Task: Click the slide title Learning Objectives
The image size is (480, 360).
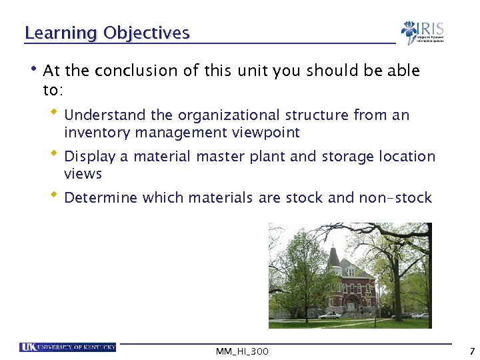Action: pyautogui.click(x=107, y=33)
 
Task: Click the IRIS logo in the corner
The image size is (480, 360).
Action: pyautogui.click(x=422, y=32)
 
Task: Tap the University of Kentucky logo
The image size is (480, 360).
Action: pyautogui.click(x=67, y=347)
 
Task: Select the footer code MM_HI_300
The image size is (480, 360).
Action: pyautogui.click(x=242, y=351)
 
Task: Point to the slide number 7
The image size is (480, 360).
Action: pyautogui.click(x=471, y=351)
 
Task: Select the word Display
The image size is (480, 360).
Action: pyautogui.click(x=89, y=157)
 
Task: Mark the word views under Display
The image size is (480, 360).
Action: pyautogui.click(x=83, y=174)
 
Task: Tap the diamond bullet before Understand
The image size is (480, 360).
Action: pyautogui.click(x=54, y=113)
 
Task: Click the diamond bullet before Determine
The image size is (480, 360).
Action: pyautogui.click(x=54, y=195)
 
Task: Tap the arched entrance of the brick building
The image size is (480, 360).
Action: pyautogui.click(x=351, y=305)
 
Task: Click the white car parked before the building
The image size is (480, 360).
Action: pyautogui.click(x=330, y=315)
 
